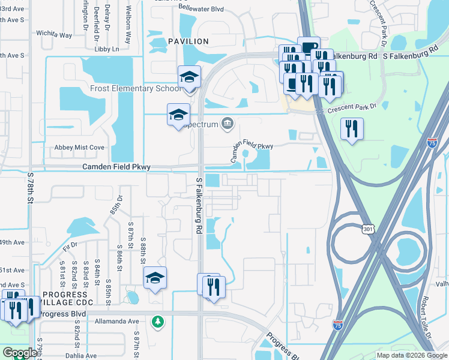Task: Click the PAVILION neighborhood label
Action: pos(188,41)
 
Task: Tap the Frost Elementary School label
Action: pos(134,89)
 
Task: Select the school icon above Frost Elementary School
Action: pos(189,77)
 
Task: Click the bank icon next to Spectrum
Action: pos(228,124)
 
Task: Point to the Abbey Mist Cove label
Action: pos(80,148)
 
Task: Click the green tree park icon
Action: pos(158,322)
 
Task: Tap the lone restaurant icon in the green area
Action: pos(352,128)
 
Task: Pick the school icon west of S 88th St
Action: pos(155,278)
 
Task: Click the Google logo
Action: pos(19,353)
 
